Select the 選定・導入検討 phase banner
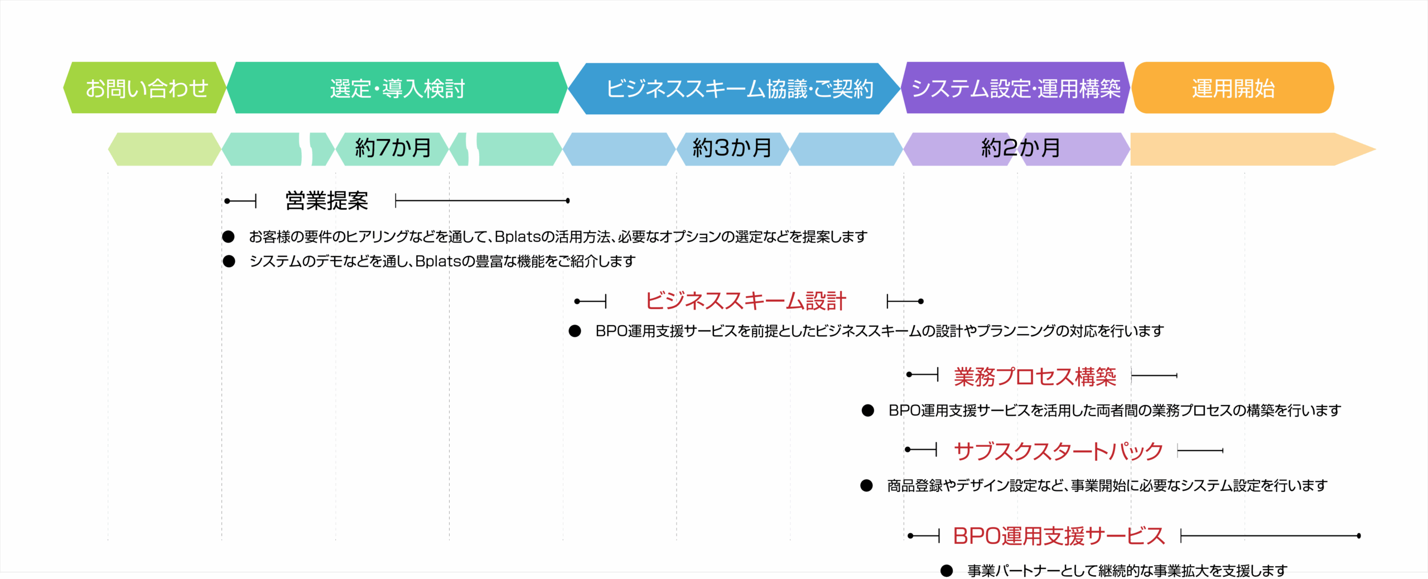(x=397, y=88)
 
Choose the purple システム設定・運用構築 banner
(x=1015, y=88)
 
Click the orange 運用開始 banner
(x=1233, y=88)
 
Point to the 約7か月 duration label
(x=393, y=148)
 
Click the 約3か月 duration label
(x=732, y=148)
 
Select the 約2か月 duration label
(x=1020, y=148)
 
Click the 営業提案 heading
(x=326, y=201)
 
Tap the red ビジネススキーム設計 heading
(x=746, y=301)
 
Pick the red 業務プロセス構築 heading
(x=1035, y=377)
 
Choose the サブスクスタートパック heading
(x=1058, y=451)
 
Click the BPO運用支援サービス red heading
(x=1059, y=536)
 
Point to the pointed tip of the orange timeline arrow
(x=1376, y=149)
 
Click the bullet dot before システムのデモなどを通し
(x=229, y=261)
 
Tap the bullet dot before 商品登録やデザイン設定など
(x=866, y=485)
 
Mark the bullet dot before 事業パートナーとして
(x=947, y=571)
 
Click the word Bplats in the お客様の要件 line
(x=518, y=237)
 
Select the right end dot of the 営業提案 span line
(x=568, y=201)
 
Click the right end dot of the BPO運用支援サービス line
(x=1359, y=536)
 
